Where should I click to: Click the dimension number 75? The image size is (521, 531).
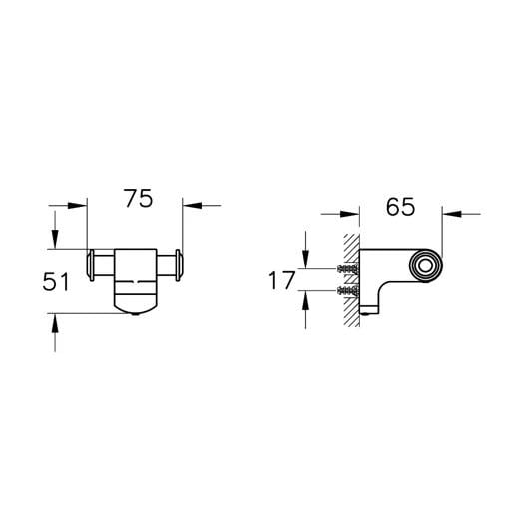[x=138, y=199]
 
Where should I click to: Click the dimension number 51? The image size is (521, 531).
[x=56, y=282]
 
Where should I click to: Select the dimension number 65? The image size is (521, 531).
[x=400, y=207]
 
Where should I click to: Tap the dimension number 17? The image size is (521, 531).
[x=282, y=280]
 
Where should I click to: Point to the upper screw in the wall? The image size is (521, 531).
[x=348, y=269]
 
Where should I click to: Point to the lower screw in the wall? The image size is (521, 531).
[x=348, y=290]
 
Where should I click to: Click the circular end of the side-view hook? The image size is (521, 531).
[x=426, y=265]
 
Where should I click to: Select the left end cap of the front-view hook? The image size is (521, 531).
[x=91, y=265]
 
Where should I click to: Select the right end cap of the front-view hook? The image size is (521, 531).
[x=179, y=265]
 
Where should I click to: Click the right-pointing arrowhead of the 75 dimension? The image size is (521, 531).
[x=77, y=205]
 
